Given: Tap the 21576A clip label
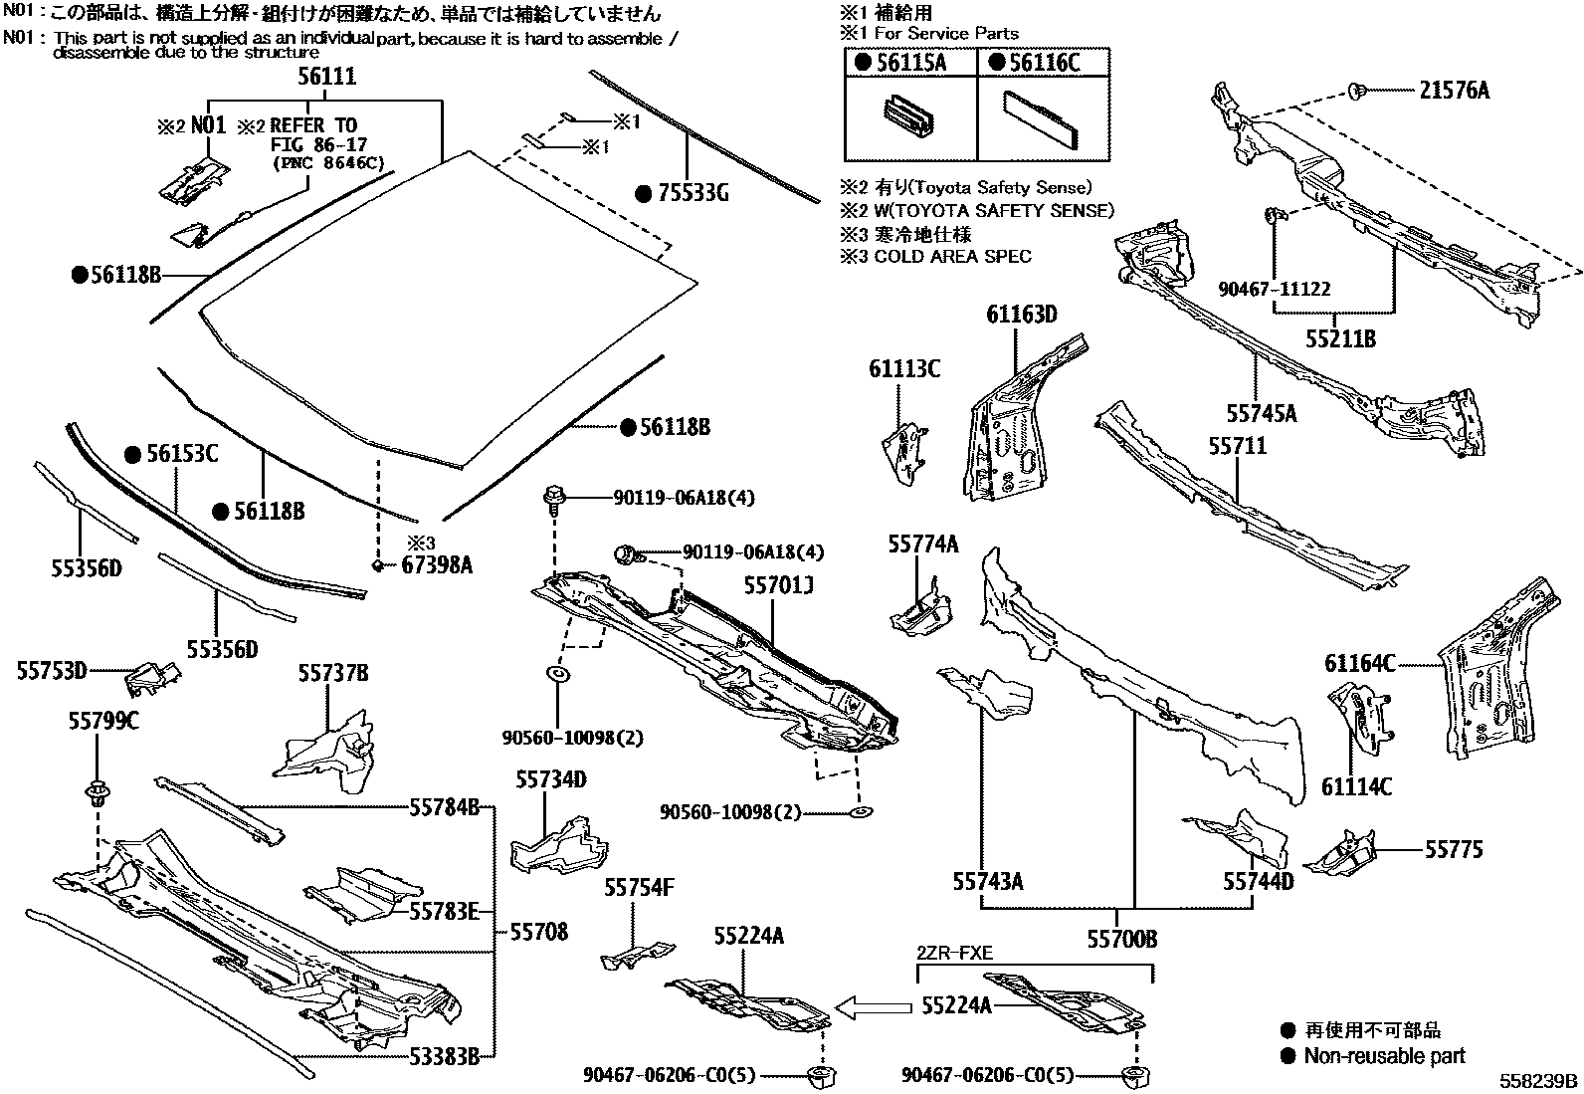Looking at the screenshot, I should point(1454,91).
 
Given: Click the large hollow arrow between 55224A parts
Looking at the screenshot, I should point(873,1007).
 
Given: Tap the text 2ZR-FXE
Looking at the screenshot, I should point(954,953).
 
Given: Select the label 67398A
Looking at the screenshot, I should point(437,565).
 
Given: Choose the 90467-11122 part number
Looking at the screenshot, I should point(1275,290).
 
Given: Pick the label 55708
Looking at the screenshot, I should point(539,932).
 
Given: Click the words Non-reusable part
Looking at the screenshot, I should point(1384,1056).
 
